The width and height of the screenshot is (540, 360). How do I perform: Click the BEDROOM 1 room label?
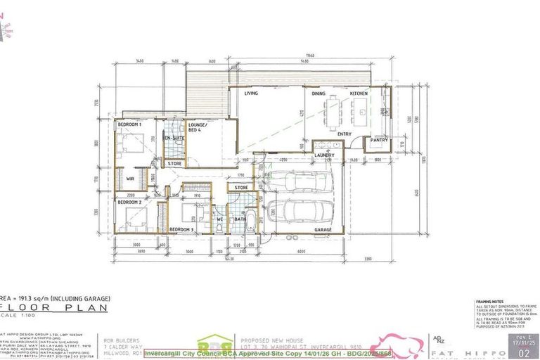tap(129, 124)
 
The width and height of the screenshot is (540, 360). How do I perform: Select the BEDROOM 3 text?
tap(181, 230)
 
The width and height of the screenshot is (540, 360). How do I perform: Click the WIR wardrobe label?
tap(130, 179)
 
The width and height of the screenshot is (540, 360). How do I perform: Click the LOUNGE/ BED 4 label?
tap(197, 127)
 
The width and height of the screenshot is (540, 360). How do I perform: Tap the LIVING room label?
tap(251, 94)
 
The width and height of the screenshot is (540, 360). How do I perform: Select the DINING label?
tap(319, 94)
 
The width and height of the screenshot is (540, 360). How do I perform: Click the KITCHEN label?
tap(359, 94)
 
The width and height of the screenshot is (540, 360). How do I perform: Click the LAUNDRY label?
tap(324, 155)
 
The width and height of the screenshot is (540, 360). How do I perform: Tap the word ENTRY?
tap(345, 134)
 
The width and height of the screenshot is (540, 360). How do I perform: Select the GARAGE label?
tap(323, 230)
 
